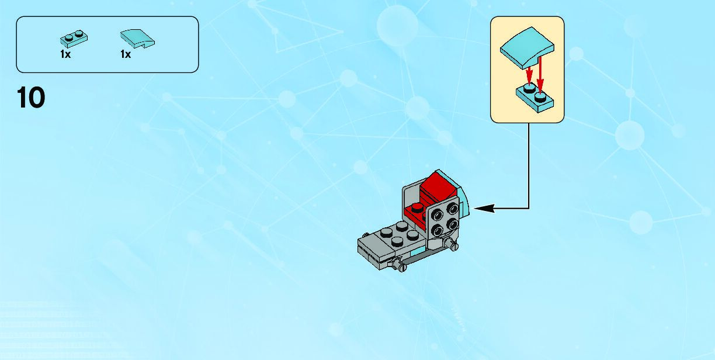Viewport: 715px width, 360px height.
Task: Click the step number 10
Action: (x=32, y=98)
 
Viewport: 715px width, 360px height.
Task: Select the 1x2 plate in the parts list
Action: (x=74, y=39)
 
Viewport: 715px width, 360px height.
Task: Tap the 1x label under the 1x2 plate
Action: (x=65, y=54)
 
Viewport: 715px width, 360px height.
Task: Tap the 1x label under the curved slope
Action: (x=126, y=54)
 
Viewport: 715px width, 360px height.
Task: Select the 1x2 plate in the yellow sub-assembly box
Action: (x=534, y=96)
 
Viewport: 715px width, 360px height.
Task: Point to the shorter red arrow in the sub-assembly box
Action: (x=529, y=74)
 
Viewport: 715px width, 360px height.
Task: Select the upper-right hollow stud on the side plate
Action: (x=452, y=209)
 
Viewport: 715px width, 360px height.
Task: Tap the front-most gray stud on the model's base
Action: (x=397, y=240)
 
